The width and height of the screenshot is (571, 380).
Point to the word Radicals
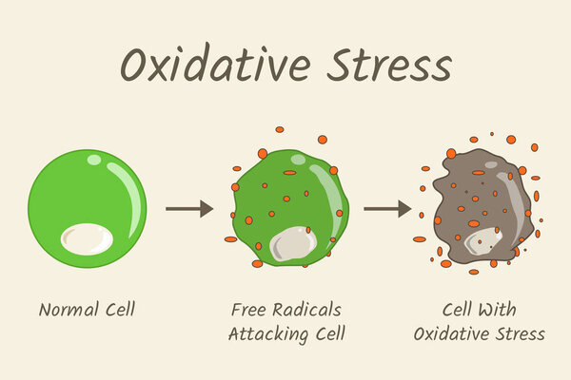tap(311, 310)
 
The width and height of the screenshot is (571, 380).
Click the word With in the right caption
tap(515, 310)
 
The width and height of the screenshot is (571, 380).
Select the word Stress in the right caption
tap(522, 333)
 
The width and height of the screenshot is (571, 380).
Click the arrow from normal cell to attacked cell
tap(188, 208)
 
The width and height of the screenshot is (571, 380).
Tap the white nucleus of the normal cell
tap(87, 238)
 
